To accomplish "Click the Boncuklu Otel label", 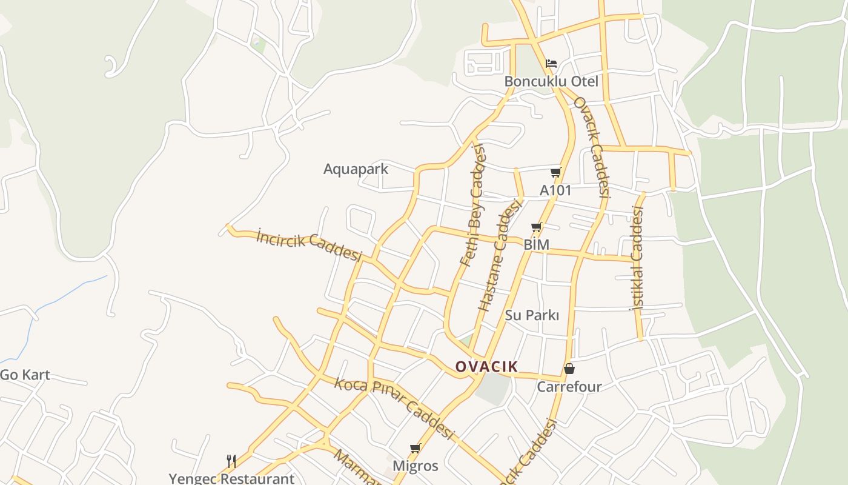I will click(551, 81).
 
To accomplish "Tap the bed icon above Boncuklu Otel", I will click(551, 63).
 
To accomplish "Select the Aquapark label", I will click(356, 169).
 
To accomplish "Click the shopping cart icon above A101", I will click(555, 173).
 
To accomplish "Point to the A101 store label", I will click(555, 190).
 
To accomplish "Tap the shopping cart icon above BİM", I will click(536, 227).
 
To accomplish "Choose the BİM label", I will click(536, 244).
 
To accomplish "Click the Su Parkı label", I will click(532, 315).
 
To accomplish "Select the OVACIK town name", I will click(486, 366).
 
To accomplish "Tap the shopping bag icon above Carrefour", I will click(569, 369).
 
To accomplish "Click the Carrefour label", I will click(569, 387).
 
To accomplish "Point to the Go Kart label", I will click(25, 375).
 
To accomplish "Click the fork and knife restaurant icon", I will click(231, 461).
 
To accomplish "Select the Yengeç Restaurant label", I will click(231, 478).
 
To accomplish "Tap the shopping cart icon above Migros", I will click(415, 449).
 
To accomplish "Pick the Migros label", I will click(415, 466).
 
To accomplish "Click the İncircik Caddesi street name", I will click(308, 244).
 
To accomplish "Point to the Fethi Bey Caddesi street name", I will click(474, 206).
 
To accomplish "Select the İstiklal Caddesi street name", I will click(637, 258).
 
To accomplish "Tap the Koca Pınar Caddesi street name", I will click(394, 407).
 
